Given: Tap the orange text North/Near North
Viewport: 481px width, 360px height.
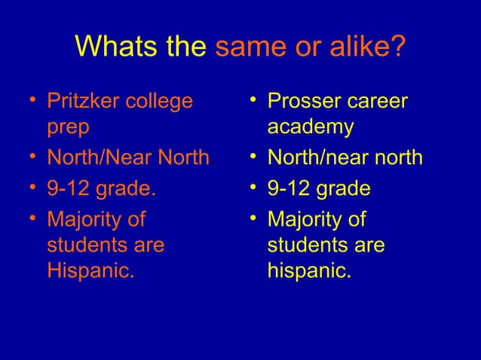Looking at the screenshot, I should coord(128,159).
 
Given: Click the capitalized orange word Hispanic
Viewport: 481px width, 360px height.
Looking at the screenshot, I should coord(90,270).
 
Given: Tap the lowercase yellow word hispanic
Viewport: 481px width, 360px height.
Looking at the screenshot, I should coord(308,270).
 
